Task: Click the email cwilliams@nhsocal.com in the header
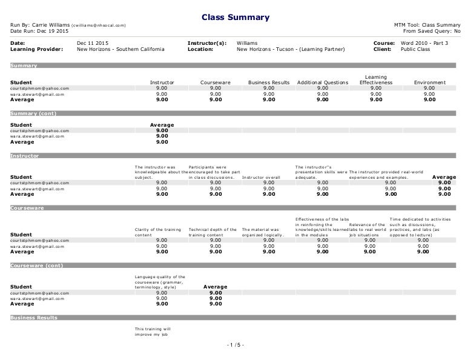(x=99, y=25)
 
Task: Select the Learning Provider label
(x=36, y=50)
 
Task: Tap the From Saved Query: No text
(x=431, y=31)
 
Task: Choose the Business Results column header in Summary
(x=269, y=82)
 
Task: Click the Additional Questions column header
(x=323, y=82)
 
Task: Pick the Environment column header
(x=429, y=82)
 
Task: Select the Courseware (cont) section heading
(x=37, y=265)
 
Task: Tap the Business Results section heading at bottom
(x=35, y=318)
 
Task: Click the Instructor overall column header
(x=262, y=178)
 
